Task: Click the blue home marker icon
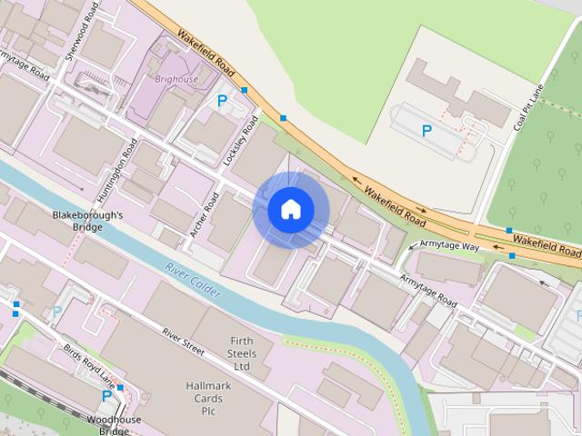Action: pos(290,209)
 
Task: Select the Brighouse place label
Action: pos(176,79)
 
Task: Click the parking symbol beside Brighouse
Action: pos(221,103)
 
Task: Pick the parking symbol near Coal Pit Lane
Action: pos(426,131)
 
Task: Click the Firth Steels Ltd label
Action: pos(240,353)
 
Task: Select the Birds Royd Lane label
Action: pos(88,363)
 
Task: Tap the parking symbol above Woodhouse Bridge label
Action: pos(106,396)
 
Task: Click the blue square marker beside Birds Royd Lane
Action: pos(120,388)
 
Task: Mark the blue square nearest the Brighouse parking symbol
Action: pos(245,90)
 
